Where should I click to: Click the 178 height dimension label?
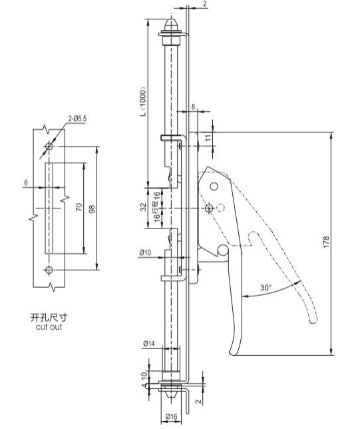click(326, 242)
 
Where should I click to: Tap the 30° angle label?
click(266, 288)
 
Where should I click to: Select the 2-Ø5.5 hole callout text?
click(77, 119)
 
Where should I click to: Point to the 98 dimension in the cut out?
click(92, 209)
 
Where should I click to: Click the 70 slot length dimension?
click(79, 207)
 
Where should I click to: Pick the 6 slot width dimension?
click(26, 183)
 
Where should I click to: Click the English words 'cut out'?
click(49, 326)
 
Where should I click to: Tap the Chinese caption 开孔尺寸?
click(49, 317)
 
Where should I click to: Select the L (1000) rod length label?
click(144, 102)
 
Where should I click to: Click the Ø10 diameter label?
click(145, 252)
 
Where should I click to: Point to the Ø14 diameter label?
click(149, 343)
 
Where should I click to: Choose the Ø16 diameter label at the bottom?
click(172, 416)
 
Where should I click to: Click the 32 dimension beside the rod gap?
click(143, 207)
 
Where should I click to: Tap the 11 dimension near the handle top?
click(208, 138)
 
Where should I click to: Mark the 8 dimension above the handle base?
click(193, 107)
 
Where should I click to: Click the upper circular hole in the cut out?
click(49, 146)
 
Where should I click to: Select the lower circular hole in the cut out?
click(49, 270)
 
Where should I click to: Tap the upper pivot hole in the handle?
click(214, 187)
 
